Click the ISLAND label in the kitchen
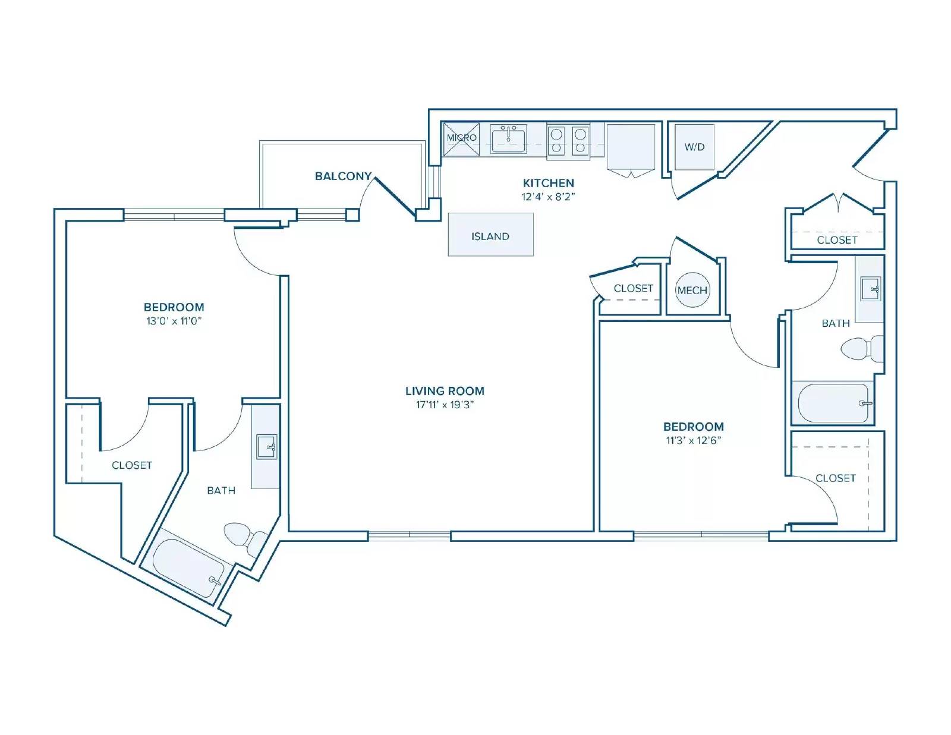(x=490, y=236)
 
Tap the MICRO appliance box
(x=461, y=139)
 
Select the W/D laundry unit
(x=695, y=147)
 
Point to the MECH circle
(x=692, y=290)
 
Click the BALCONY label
(x=343, y=176)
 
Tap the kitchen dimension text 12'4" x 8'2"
(x=548, y=197)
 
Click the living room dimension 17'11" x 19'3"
(x=445, y=405)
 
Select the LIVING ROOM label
(x=445, y=391)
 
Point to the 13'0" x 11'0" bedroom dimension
(x=174, y=321)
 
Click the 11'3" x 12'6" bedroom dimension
(x=693, y=440)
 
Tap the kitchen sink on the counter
(x=508, y=139)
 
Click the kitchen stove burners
(x=568, y=141)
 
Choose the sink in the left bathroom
(x=266, y=447)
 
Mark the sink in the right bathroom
(x=871, y=289)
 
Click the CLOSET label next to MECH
(x=633, y=288)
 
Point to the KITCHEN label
(x=548, y=183)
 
